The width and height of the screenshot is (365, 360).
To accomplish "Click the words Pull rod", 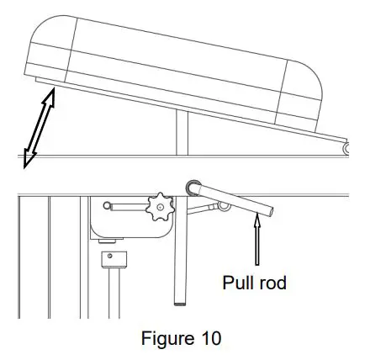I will click(254, 283).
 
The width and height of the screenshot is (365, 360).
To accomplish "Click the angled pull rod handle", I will click(234, 199).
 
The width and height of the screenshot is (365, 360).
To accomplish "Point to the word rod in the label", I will click(271, 283).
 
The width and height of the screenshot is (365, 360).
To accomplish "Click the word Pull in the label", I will click(238, 283).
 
